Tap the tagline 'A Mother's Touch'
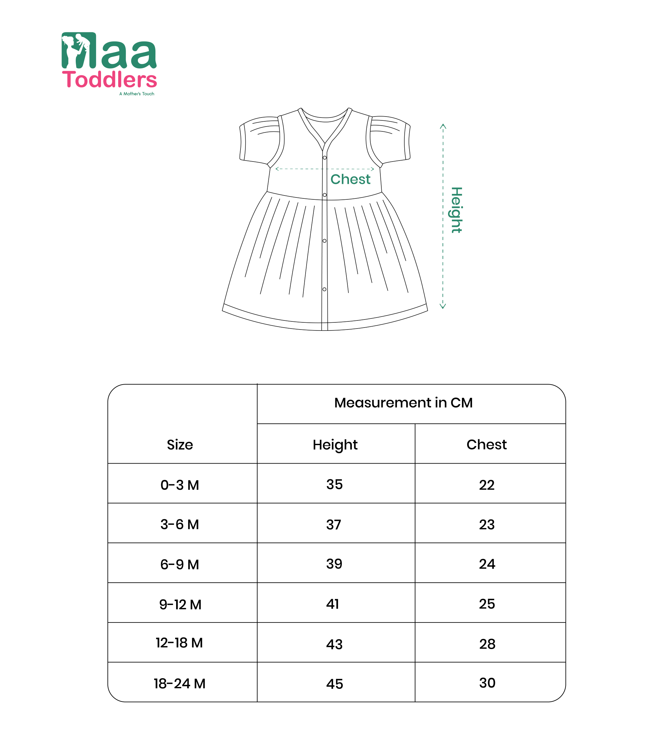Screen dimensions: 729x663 (137, 94)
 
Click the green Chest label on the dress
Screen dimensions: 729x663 (350, 179)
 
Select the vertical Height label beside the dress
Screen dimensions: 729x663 (456, 210)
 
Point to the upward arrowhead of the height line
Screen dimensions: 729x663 (443, 126)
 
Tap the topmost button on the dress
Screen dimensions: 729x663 (324, 158)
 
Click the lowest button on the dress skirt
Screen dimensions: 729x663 (324, 289)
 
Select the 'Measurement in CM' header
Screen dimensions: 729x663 (403, 403)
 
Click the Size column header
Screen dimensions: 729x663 (180, 445)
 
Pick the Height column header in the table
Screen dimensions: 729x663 (335, 445)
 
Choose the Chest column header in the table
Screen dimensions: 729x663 (487, 444)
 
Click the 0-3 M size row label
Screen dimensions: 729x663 (180, 485)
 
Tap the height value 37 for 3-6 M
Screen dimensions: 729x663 (333, 525)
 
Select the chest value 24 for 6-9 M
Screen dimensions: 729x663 (487, 564)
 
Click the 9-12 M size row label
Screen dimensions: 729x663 (180, 604)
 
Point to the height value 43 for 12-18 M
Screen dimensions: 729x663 (334, 644)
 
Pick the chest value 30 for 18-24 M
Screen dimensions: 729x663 (487, 683)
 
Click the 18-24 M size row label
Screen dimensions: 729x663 (179, 683)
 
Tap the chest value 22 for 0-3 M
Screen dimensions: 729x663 (487, 485)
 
